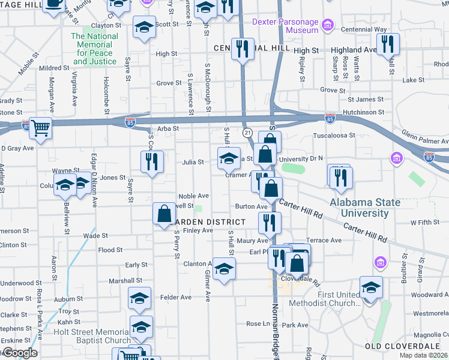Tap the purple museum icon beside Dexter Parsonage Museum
pos(328,25)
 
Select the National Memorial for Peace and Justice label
pos(94,49)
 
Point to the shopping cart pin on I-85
pos(41,127)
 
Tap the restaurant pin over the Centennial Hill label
pos(243,48)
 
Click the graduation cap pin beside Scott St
pos(144,28)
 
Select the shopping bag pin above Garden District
pos(164,214)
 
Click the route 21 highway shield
pos(247,131)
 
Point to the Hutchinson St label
pos(363,112)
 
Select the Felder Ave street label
pos(176,297)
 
